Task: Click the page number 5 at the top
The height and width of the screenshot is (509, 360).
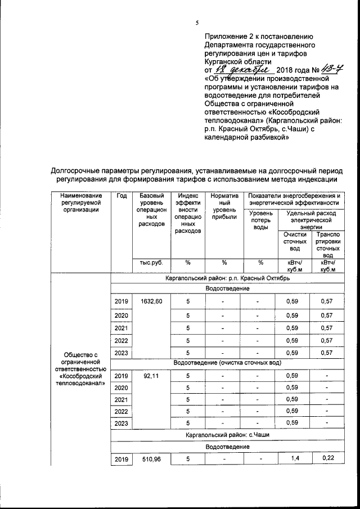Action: click(197, 23)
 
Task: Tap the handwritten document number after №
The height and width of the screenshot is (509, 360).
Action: click(332, 70)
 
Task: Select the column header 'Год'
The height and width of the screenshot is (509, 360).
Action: click(121, 196)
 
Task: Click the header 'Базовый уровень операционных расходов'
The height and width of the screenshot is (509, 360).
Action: click(150, 210)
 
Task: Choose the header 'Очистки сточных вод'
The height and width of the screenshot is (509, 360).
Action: click(295, 242)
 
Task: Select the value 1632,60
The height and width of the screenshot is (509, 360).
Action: click(150, 301)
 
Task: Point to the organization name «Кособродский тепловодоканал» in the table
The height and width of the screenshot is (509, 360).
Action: click(80, 379)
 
